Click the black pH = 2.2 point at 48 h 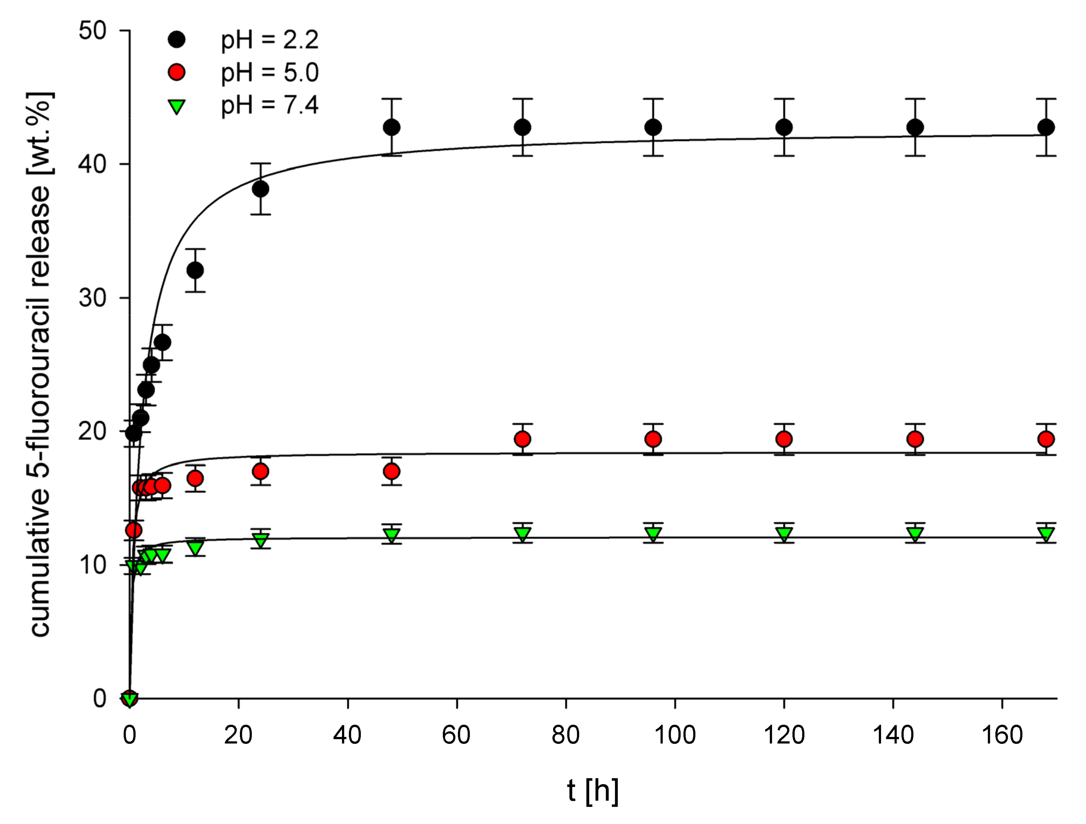tap(391, 127)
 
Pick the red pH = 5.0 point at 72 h tap(523, 439)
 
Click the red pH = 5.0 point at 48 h tap(391, 471)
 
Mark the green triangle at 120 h tap(784, 534)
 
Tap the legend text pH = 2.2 tap(270, 40)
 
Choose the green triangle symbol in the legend tap(176, 106)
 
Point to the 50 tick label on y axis tap(92, 31)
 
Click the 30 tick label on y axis tap(92, 298)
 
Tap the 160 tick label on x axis tap(1002, 735)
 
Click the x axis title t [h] tap(593, 791)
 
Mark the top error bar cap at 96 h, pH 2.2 tap(653, 99)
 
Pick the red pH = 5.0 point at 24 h tap(261, 471)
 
